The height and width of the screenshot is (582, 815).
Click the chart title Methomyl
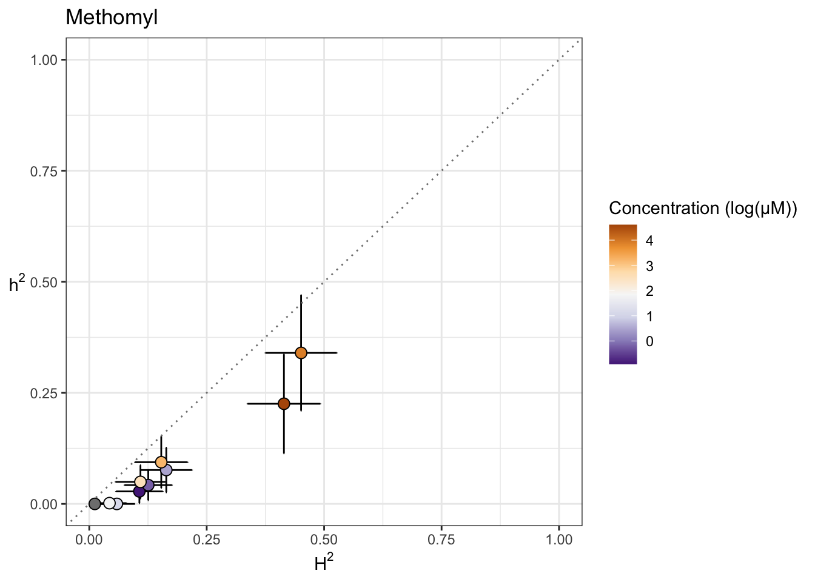112,18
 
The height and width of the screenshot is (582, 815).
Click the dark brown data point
284,404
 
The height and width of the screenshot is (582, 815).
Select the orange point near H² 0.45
301,353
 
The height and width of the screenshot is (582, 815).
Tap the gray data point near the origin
95,504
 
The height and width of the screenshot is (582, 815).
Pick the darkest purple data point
139,491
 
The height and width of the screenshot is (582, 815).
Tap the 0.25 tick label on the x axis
206,540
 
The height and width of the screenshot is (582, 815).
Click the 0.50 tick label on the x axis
324,540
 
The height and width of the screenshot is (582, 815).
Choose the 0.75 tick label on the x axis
441,540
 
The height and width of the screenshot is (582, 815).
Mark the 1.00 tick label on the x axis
558,540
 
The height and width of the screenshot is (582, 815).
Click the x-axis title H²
324,564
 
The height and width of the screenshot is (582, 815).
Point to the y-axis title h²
17,283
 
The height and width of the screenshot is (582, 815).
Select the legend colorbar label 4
649,241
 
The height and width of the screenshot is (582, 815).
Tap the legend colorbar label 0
649,342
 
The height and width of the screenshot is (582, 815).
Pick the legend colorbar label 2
649,292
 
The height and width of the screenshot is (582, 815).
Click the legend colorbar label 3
649,266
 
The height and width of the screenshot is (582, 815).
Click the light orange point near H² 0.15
161,462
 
